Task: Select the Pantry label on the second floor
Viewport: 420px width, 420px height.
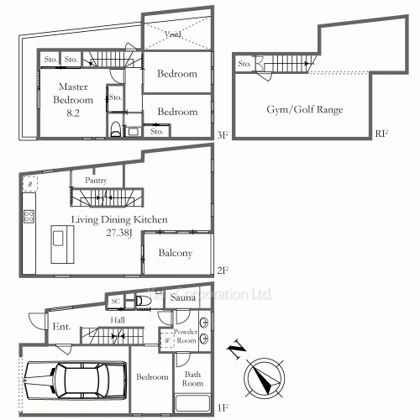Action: (95, 180)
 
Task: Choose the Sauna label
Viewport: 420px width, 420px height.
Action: (183, 298)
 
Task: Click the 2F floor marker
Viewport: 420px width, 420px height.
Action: (223, 271)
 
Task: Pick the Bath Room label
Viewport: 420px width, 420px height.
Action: (193, 378)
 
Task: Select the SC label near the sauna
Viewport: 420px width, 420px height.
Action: (115, 302)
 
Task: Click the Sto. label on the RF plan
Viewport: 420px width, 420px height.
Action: (244, 64)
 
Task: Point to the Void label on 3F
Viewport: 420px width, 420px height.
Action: (173, 34)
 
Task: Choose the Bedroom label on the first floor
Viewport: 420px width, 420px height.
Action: (152, 377)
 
